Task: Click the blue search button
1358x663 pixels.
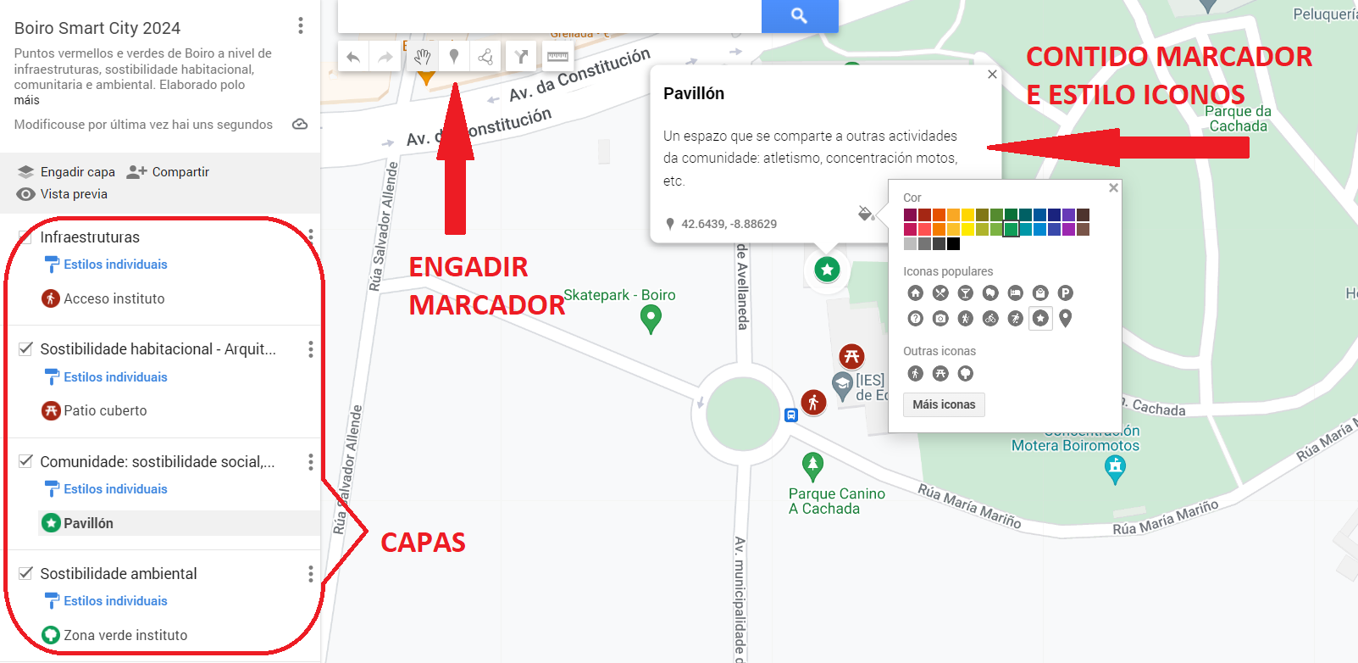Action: pyautogui.click(x=799, y=15)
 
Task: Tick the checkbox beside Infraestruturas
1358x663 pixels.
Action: pyautogui.click(x=25, y=237)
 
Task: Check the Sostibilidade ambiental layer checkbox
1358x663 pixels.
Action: pyautogui.click(x=26, y=573)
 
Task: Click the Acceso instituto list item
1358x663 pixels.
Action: pyautogui.click(x=114, y=298)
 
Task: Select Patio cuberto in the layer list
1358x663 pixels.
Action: pyautogui.click(x=105, y=411)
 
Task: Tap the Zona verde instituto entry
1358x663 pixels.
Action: pyautogui.click(x=125, y=635)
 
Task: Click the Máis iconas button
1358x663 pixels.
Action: pyautogui.click(x=944, y=404)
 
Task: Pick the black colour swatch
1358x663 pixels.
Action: pyautogui.click(x=953, y=244)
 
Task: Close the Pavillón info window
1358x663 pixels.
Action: pyautogui.click(x=992, y=75)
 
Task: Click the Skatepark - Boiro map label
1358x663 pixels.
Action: pyautogui.click(x=619, y=295)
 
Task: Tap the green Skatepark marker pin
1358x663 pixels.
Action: pyautogui.click(x=651, y=319)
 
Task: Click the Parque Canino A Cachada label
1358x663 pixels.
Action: pyautogui.click(x=835, y=501)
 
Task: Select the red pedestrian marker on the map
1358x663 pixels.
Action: pyautogui.click(x=813, y=402)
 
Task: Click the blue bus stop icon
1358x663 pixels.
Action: pyautogui.click(x=790, y=415)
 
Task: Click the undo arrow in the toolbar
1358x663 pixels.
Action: pyautogui.click(x=353, y=58)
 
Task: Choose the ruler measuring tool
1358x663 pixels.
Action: pyautogui.click(x=557, y=57)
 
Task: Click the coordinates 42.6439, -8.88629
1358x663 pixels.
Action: pyautogui.click(x=729, y=224)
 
